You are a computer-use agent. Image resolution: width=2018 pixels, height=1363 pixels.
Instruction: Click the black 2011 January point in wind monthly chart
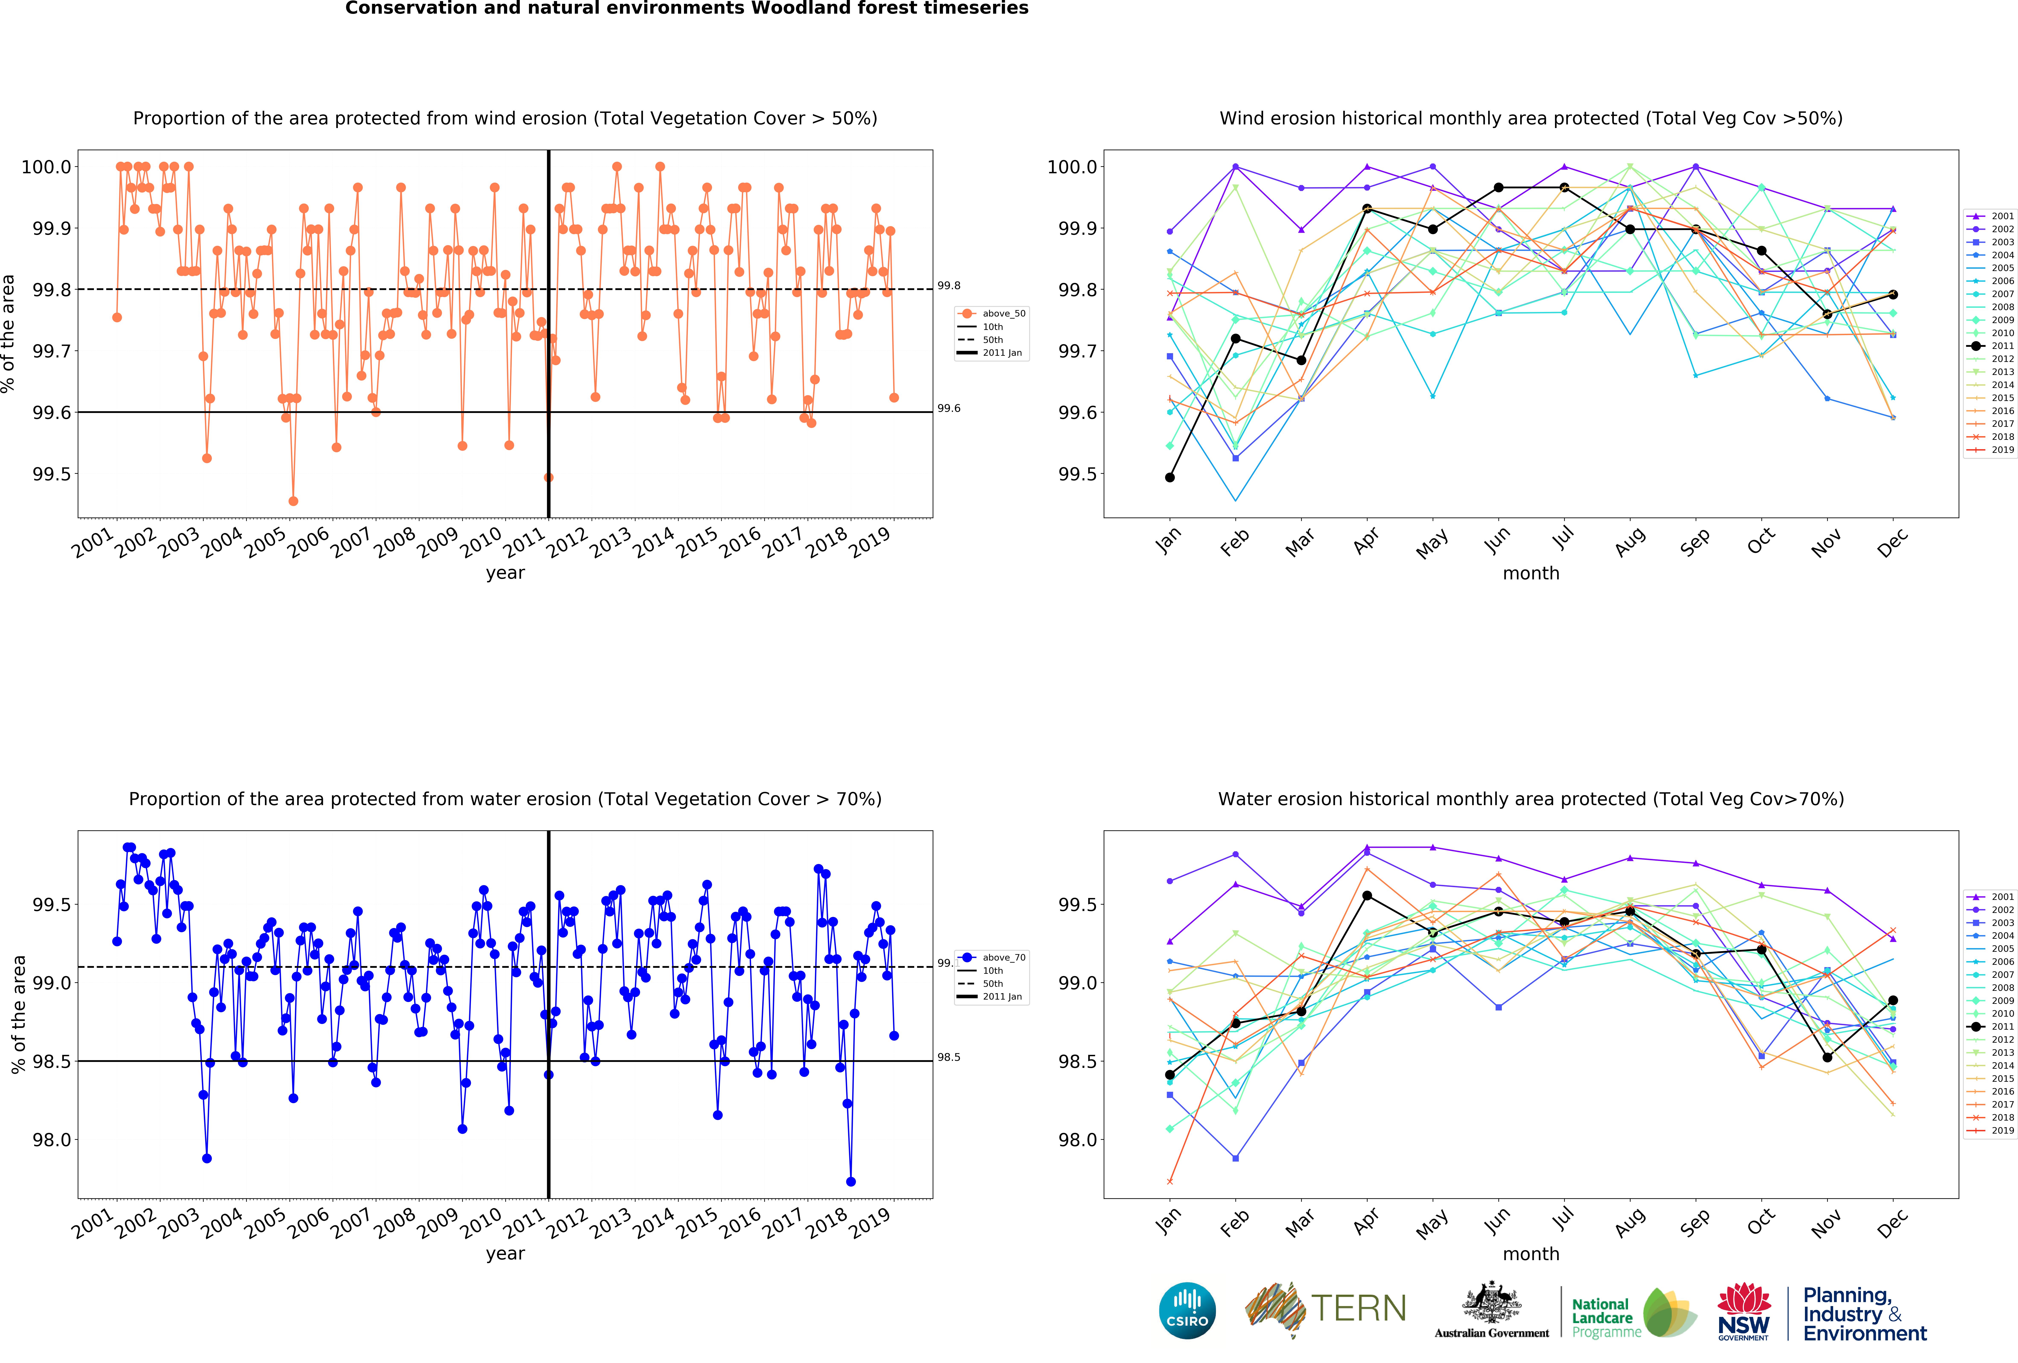pos(1170,477)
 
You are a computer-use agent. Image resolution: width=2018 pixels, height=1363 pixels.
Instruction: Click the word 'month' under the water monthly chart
pos(1531,1254)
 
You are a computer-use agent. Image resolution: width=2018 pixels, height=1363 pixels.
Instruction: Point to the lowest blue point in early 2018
pos(851,1182)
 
